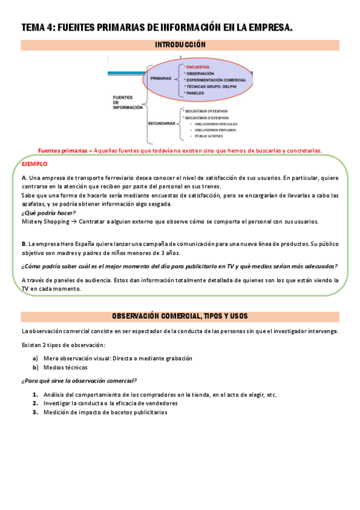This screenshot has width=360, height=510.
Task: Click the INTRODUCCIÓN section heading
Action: [180, 45]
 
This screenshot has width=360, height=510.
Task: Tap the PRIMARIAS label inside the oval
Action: [160, 79]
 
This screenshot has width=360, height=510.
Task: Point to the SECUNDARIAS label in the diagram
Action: [162, 123]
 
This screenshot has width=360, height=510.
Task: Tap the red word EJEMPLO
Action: [34, 164]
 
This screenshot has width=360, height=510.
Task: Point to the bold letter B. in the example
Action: [23, 244]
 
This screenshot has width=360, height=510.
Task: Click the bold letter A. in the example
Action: [23, 179]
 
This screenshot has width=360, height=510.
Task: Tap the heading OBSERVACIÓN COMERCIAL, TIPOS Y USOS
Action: [180, 316]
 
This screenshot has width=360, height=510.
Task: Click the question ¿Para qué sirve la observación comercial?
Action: [79, 380]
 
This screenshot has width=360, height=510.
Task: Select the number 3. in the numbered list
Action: [35, 412]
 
